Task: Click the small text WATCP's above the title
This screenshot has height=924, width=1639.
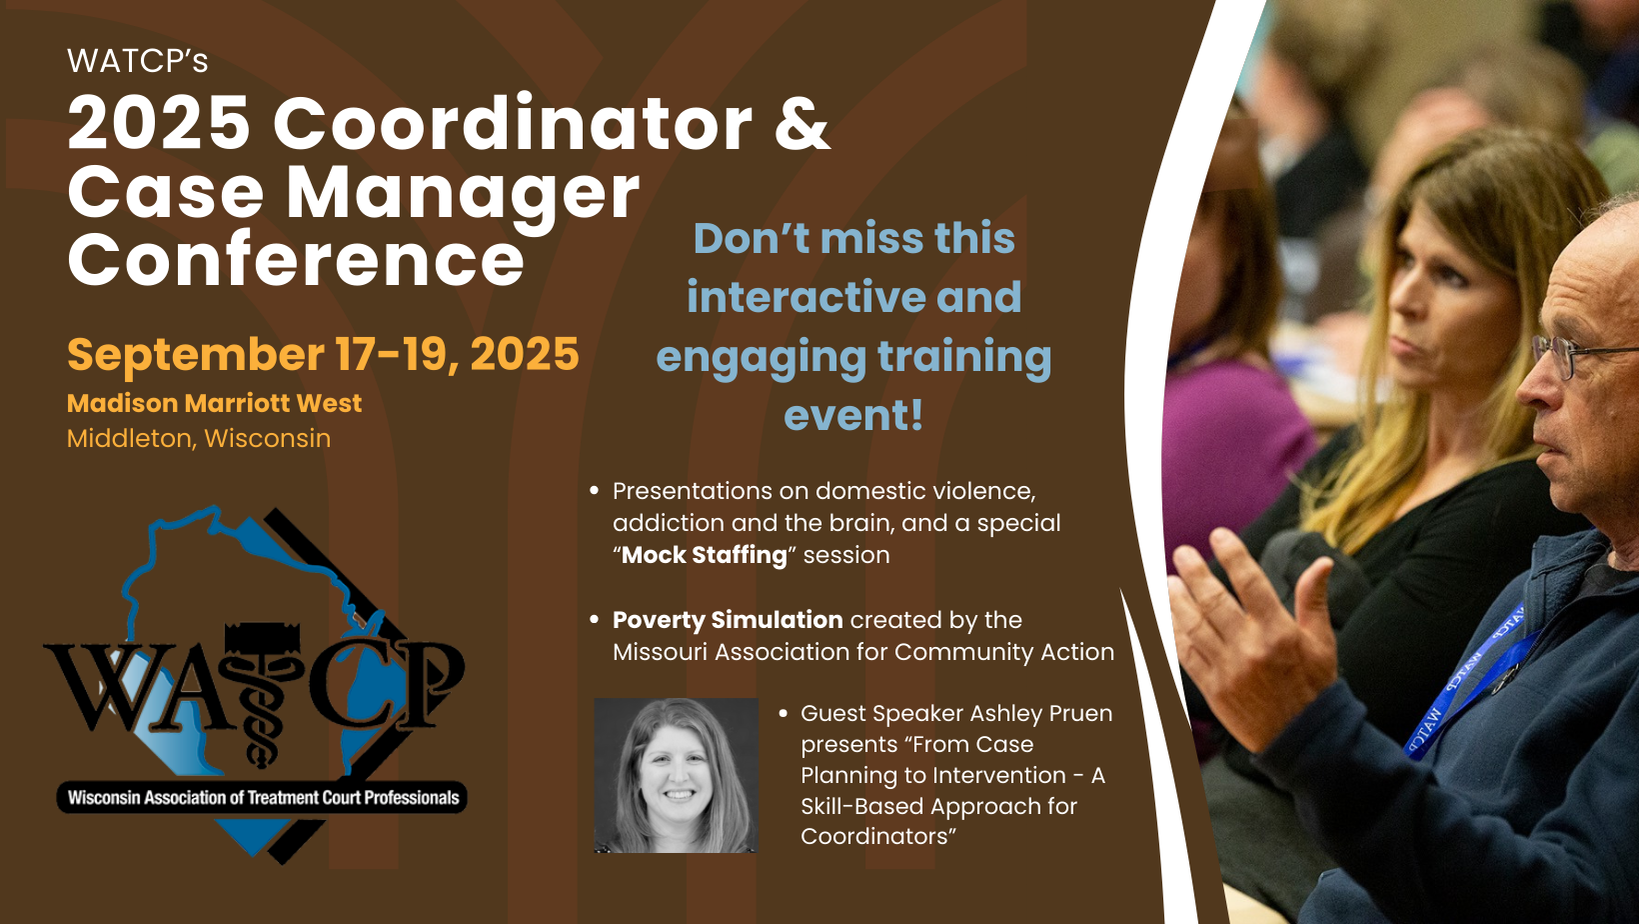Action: click(138, 62)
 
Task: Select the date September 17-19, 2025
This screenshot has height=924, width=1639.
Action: click(323, 354)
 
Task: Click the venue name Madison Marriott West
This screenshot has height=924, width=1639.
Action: click(215, 403)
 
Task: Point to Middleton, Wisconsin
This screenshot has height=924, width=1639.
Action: click(198, 439)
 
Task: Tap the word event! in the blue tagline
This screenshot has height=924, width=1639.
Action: click(853, 414)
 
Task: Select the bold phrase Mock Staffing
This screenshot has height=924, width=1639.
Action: click(704, 555)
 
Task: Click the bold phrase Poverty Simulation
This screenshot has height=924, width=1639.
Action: click(728, 620)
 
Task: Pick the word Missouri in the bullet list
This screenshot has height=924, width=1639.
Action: click(660, 652)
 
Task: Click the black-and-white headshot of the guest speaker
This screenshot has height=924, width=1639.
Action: click(676, 775)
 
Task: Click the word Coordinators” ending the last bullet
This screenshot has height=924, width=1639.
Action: click(878, 836)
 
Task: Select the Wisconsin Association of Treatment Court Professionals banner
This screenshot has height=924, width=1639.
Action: click(263, 797)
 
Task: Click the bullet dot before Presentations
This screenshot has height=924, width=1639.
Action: click(594, 491)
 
